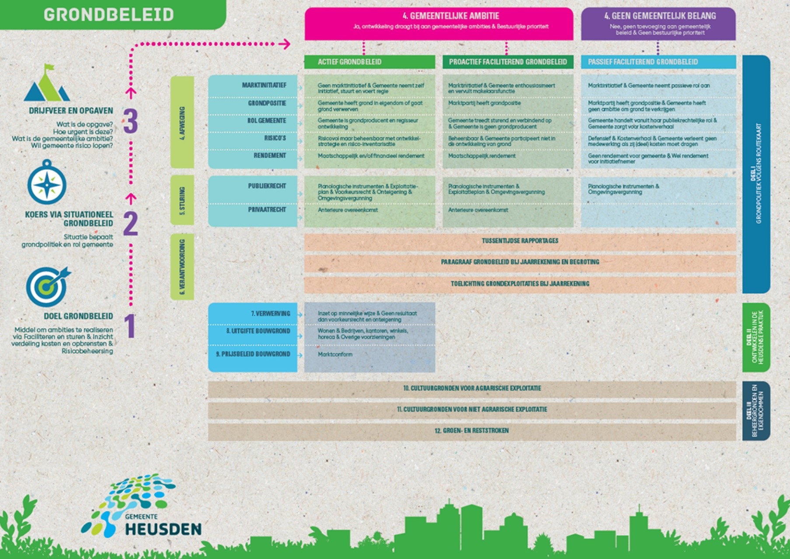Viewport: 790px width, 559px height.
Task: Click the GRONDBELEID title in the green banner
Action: pyautogui.click(x=109, y=15)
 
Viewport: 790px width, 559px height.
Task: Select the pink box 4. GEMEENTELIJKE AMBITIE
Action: pyautogui.click(x=439, y=24)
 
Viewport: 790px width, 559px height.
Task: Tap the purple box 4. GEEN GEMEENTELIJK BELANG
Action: pyautogui.click(x=658, y=24)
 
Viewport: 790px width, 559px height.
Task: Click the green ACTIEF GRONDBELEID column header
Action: pyautogui.click(x=369, y=62)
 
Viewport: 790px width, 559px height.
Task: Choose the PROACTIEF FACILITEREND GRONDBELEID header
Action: pyautogui.click(x=508, y=62)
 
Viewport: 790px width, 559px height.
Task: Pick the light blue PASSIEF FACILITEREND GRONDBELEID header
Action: pyautogui.click(x=658, y=62)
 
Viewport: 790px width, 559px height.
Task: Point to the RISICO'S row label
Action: pyautogui.click(x=275, y=138)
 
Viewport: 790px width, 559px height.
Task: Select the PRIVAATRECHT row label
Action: pyautogui.click(x=267, y=210)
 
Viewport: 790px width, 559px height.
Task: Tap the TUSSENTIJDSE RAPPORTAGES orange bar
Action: pyautogui.click(x=520, y=241)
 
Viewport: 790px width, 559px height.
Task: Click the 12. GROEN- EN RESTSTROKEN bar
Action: pyautogui.click(x=472, y=431)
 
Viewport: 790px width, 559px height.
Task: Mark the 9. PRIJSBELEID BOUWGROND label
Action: pyautogui.click(x=253, y=354)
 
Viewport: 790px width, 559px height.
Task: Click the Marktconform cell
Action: pyautogui.click(x=335, y=354)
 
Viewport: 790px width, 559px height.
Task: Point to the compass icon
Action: pyautogui.click(x=47, y=183)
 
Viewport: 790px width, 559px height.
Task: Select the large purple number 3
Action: pyautogui.click(x=130, y=120)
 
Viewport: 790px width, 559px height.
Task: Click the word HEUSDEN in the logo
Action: pyautogui.click(x=163, y=529)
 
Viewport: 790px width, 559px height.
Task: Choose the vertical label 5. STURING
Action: pyautogui.click(x=182, y=201)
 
